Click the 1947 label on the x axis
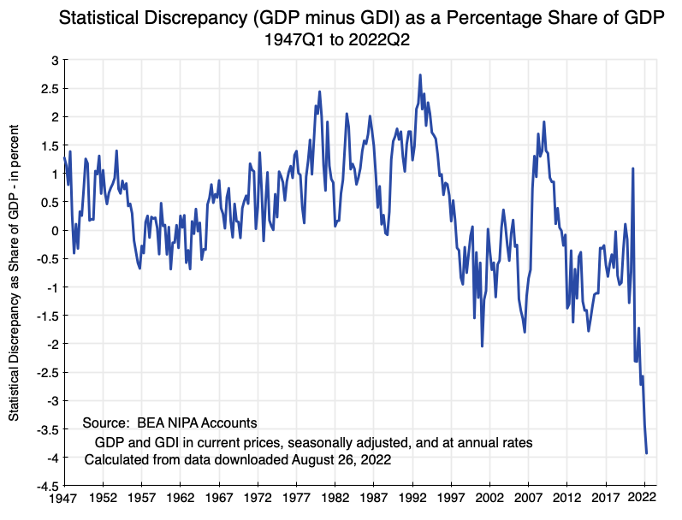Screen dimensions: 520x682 point(63,497)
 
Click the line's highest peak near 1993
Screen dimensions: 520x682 point(420,75)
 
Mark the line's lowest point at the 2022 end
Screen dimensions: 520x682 point(647,452)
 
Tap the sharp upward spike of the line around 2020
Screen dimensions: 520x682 point(632,168)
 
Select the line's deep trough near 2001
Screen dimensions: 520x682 point(483,346)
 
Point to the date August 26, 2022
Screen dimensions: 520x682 point(341,460)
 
